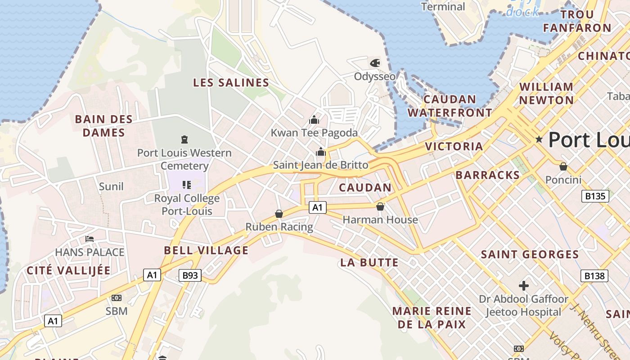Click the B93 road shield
click(x=190, y=275)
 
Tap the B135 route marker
click(x=595, y=196)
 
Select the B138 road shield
click(x=594, y=275)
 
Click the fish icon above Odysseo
click(x=374, y=63)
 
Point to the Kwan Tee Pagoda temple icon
click(x=314, y=120)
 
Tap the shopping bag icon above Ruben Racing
click(x=279, y=214)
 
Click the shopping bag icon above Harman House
click(x=380, y=207)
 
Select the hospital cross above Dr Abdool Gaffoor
click(x=523, y=285)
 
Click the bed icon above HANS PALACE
click(x=90, y=238)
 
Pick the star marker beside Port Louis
click(x=539, y=139)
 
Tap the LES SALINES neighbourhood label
click(x=231, y=83)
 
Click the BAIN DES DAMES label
click(x=103, y=126)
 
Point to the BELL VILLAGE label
click(x=206, y=251)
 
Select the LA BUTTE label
click(x=369, y=262)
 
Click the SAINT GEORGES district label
click(x=530, y=255)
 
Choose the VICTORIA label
click(x=454, y=146)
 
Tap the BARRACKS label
click(x=487, y=175)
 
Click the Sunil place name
click(x=111, y=186)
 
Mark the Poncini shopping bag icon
click(x=563, y=167)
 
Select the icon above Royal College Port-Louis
click(x=186, y=185)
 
